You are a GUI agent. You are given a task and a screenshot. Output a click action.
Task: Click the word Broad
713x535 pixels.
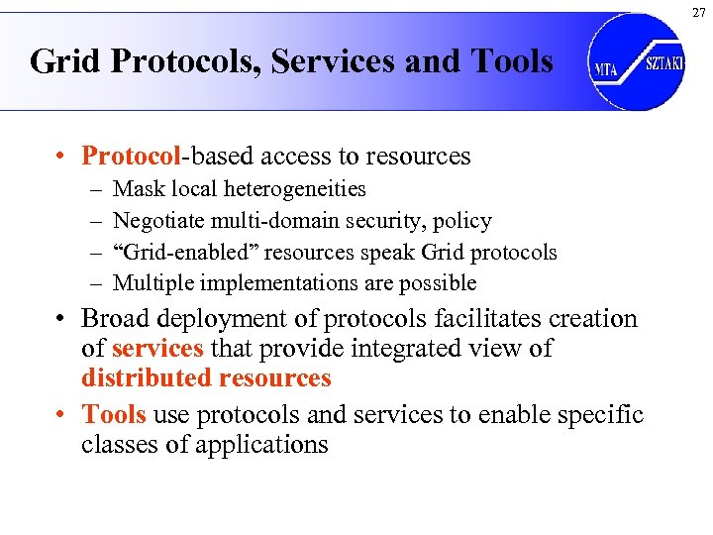coord(114,319)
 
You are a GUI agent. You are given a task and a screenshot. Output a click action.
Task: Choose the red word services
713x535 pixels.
coord(157,349)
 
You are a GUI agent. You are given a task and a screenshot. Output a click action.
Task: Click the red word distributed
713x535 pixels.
coord(143,378)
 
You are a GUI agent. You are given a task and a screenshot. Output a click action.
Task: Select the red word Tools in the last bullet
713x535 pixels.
coord(114,414)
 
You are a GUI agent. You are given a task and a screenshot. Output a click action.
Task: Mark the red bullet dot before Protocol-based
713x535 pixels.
coord(61,157)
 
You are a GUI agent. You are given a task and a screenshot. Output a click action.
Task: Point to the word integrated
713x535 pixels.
coord(400,349)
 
